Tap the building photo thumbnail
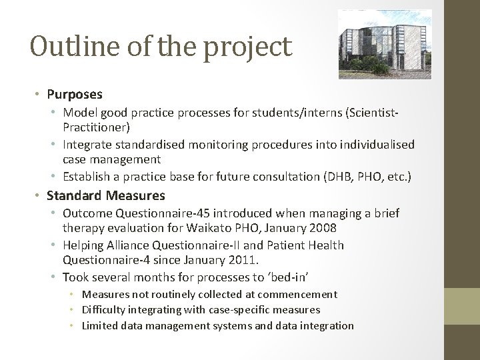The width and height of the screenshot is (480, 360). click(385, 44)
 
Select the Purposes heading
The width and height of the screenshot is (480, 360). click(75, 95)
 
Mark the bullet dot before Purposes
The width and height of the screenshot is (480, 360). click(40, 95)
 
